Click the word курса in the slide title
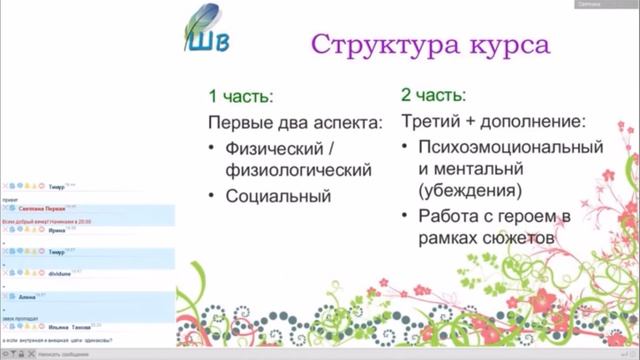click(505, 45)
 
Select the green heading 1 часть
click(240, 97)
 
